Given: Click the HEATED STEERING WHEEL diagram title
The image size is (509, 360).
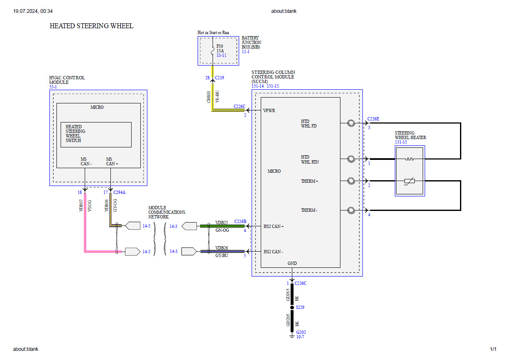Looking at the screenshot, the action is click(x=91, y=26).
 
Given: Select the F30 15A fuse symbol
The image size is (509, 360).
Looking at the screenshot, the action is click(x=213, y=51).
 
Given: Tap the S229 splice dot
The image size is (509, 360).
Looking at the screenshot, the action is click(x=292, y=308).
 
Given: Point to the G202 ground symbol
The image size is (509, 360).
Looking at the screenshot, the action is click(x=292, y=336).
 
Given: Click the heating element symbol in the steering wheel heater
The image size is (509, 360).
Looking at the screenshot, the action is click(x=409, y=159).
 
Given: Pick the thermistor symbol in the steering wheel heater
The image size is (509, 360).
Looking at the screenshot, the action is click(x=409, y=181).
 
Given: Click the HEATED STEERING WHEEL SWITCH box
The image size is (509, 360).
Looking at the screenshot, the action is click(x=96, y=135).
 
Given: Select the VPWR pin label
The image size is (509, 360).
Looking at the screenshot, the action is click(x=269, y=111).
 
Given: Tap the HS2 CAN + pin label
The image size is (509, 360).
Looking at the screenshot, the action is click(x=274, y=226).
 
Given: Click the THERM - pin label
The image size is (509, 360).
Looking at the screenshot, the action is click(x=309, y=210).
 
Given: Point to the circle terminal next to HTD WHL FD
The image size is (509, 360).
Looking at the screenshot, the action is click(x=351, y=123).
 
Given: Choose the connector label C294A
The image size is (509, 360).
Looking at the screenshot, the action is click(x=119, y=193).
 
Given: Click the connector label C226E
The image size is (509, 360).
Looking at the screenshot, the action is click(x=373, y=119).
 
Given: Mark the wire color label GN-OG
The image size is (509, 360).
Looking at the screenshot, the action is click(x=222, y=230).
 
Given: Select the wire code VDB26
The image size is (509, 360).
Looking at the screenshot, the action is click(x=222, y=248).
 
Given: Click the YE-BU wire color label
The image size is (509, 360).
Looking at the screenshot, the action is click(x=218, y=97).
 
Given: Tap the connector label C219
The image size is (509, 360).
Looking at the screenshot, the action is click(x=220, y=78).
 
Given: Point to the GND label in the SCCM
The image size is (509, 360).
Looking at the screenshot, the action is click(x=292, y=263).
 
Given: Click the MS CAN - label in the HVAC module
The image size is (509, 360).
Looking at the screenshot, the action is click(x=86, y=162).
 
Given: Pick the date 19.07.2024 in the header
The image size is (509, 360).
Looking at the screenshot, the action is click(x=25, y=11).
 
